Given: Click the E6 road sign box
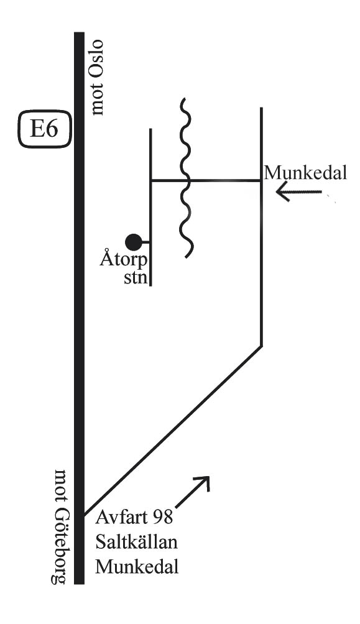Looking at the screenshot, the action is [x=45, y=130].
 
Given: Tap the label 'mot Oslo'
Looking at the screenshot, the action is [x=97, y=78].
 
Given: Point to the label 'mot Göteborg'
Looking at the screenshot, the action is [x=60, y=526].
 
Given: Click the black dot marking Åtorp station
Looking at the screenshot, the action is [x=134, y=242].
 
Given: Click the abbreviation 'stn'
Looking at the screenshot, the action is [x=136, y=277].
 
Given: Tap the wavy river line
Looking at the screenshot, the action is [x=185, y=178].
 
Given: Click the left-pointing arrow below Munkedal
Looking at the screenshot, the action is [x=298, y=192].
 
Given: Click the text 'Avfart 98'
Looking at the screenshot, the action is [x=134, y=517].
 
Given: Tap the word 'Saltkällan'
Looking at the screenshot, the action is [x=136, y=541].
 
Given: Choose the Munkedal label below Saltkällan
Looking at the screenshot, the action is [x=137, y=566].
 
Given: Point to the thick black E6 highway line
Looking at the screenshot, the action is [x=80, y=308].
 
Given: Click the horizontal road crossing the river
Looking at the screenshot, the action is [x=205, y=181].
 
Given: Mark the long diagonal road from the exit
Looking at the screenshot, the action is [x=172, y=431].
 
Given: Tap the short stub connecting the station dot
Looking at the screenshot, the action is [x=145, y=242].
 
